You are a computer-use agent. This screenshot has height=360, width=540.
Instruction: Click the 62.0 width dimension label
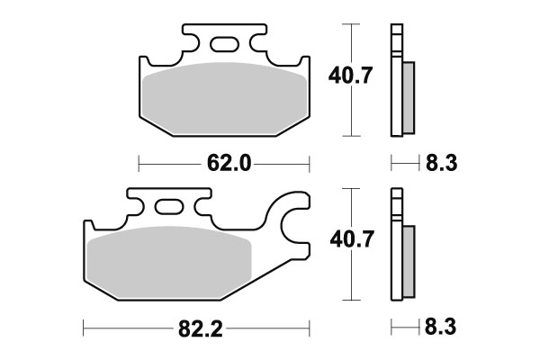[229, 163]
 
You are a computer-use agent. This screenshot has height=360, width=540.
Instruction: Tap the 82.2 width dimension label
[201, 329]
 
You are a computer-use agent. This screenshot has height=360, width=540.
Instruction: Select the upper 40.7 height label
[350, 76]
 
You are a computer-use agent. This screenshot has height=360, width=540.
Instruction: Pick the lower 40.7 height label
[352, 239]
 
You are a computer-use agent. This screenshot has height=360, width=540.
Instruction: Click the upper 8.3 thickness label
[442, 163]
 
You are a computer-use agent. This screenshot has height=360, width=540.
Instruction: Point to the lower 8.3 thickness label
[440, 327]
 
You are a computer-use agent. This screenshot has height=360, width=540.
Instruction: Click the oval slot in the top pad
[224, 44]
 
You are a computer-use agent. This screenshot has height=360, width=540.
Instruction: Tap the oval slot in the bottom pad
[169, 207]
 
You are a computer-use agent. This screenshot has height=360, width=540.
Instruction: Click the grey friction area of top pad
[224, 98]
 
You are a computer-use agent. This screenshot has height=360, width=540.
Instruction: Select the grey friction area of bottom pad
[169, 262]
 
